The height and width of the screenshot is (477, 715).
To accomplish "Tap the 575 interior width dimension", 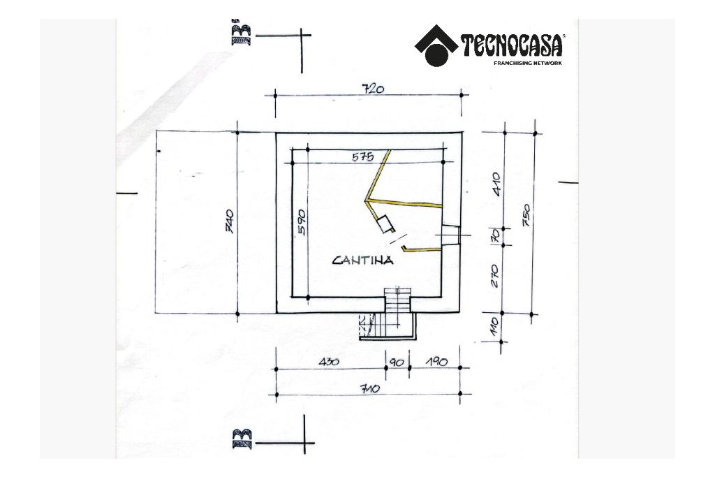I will (363, 157).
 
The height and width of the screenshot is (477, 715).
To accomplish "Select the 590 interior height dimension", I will (302, 221).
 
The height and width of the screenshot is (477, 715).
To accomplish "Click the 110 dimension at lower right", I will (494, 325).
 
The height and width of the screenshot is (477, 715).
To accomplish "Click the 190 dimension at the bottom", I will (436, 362).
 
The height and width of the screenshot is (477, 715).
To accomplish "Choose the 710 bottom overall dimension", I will (369, 388).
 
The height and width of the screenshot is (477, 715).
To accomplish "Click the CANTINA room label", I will (362, 260).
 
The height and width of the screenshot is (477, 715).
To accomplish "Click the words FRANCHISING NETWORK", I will (527, 63).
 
